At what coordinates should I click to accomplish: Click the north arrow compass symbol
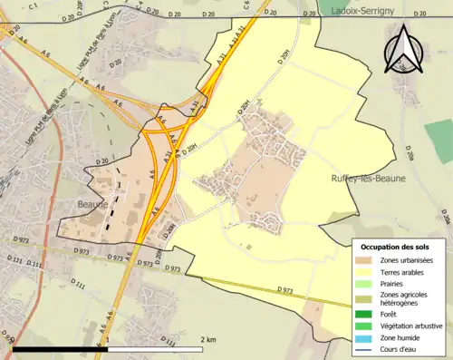click(401, 51)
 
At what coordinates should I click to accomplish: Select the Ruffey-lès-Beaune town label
click(368, 179)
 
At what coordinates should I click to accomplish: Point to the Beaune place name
click(92, 204)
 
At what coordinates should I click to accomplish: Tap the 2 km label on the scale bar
click(207, 339)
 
